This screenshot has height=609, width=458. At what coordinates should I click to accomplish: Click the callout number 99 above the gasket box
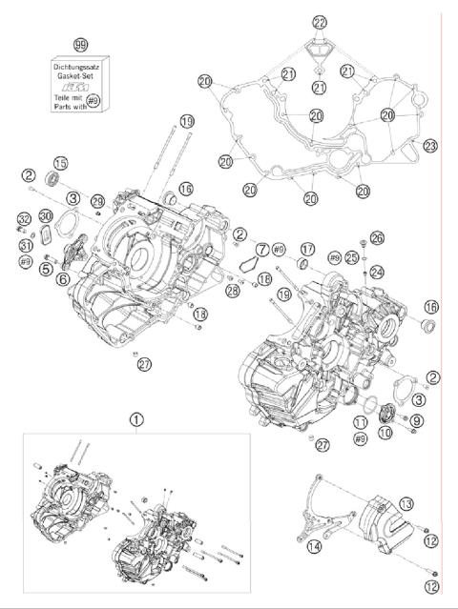click(x=81, y=44)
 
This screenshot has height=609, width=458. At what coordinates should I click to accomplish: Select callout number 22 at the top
click(x=319, y=22)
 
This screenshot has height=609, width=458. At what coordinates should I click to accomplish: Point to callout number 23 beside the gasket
click(x=430, y=146)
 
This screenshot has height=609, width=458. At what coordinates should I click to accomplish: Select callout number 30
click(x=45, y=216)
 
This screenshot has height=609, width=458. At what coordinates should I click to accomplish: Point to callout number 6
click(x=62, y=279)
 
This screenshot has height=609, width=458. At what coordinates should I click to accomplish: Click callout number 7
click(x=262, y=249)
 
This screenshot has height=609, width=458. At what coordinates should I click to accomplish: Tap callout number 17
click(x=307, y=250)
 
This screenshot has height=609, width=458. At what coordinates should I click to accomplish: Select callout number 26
click(x=376, y=237)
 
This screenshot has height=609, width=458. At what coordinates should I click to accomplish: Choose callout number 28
click(x=233, y=289)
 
